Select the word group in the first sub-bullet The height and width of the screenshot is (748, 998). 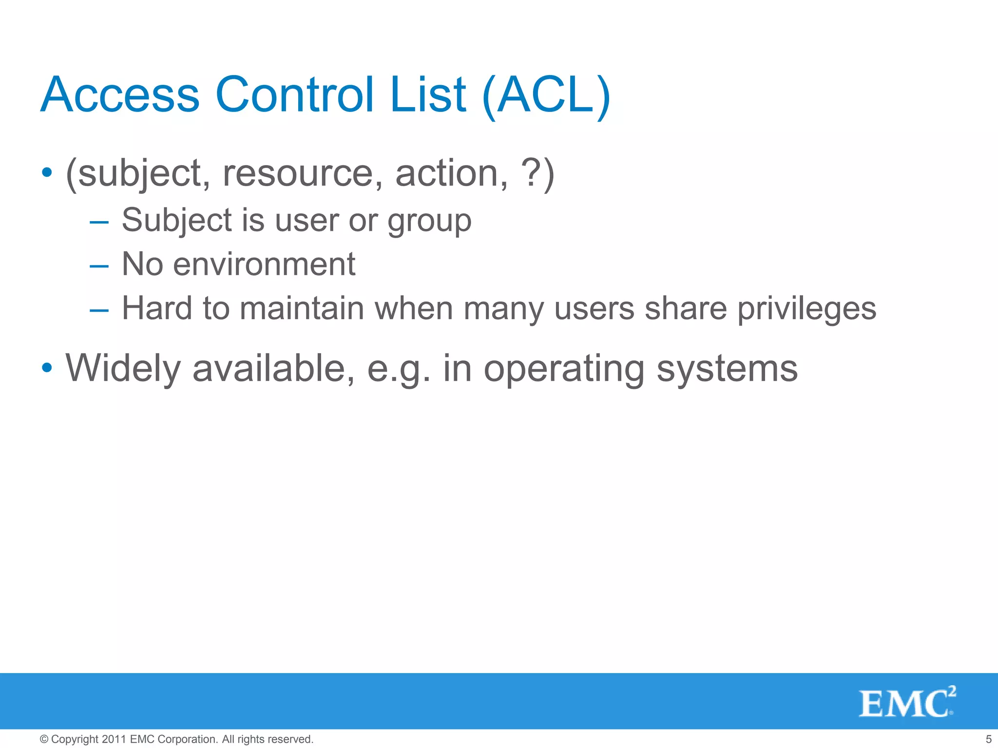[429, 222]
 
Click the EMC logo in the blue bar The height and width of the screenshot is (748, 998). [907, 702]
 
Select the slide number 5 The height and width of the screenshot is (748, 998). [988, 739]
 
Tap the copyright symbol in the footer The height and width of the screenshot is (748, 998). [44, 739]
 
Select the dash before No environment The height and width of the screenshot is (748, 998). [99, 266]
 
